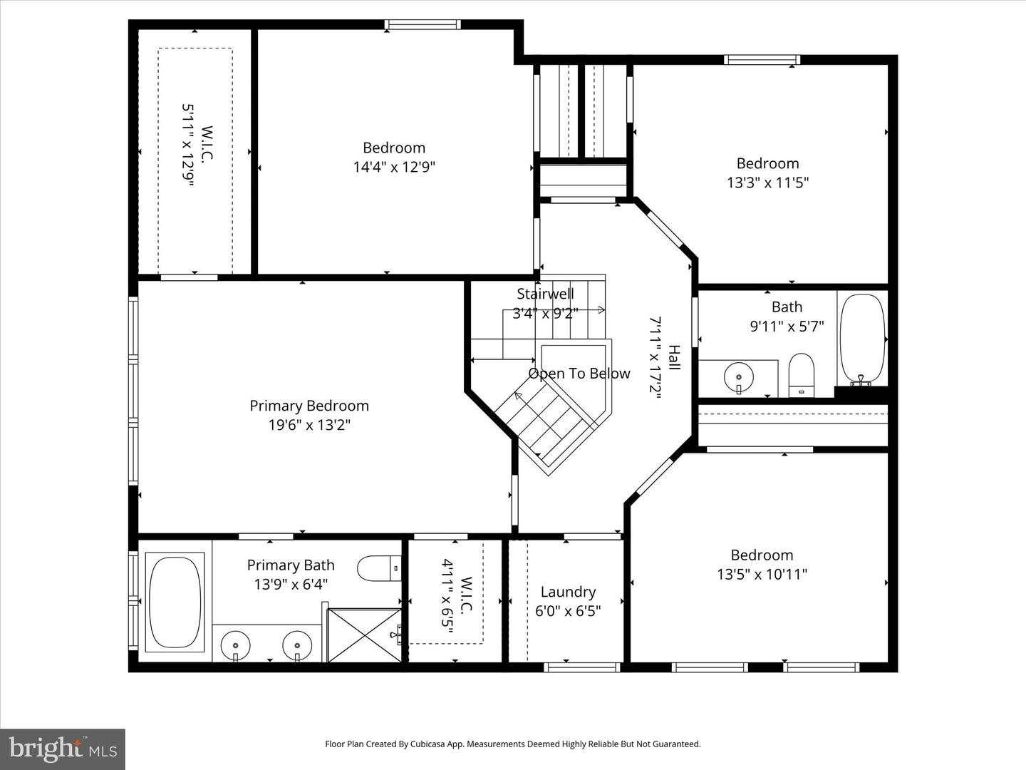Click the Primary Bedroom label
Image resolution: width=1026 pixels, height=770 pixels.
click(309, 406)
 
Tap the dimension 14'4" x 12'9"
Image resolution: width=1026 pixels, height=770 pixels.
click(393, 167)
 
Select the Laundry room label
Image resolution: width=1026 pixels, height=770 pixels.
click(568, 592)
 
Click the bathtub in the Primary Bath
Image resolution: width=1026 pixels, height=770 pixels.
click(175, 602)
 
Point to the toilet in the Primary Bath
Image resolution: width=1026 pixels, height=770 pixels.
click(378, 569)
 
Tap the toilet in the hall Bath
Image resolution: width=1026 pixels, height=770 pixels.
click(802, 374)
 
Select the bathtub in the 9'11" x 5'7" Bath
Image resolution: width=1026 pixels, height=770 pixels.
click(862, 339)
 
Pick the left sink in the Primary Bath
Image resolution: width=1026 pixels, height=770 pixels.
click(235, 646)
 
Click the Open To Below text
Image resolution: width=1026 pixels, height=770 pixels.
click(579, 374)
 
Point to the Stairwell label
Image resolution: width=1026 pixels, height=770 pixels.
click(545, 294)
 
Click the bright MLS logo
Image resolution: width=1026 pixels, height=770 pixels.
click(62, 749)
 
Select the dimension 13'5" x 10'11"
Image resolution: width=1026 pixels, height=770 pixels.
click(762, 574)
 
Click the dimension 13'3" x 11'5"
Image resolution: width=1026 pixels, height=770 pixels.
click(767, 183)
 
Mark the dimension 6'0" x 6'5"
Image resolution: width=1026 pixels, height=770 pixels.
click(568, 611)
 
